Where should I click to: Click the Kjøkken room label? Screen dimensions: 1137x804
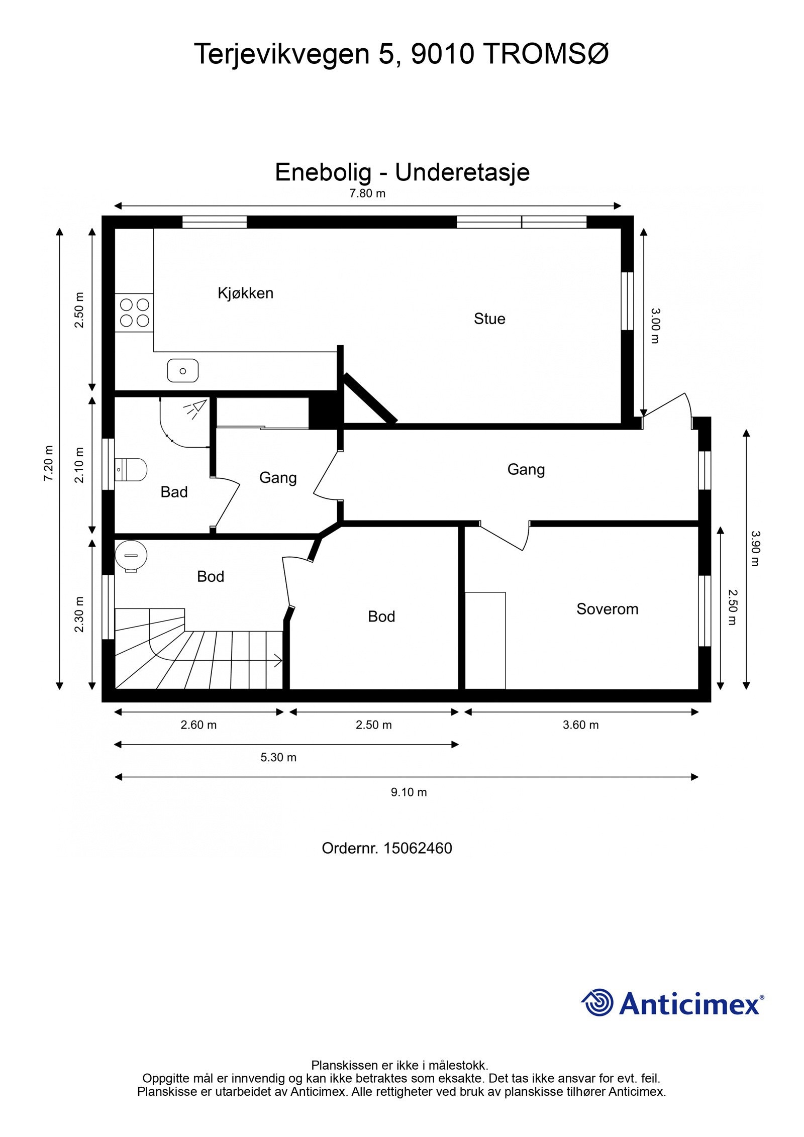coord(245,293)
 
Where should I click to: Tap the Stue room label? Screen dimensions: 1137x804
coord(489,319)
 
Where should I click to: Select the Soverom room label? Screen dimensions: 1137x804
coord(607,609)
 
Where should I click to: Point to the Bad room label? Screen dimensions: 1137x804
coord(174,492)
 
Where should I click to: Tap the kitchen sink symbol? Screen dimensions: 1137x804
coord(182,371)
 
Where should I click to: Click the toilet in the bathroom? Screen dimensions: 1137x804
coord(131,470)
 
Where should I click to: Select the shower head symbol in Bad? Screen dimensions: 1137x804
coord(196,408)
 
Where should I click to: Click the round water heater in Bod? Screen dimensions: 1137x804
coord(131,555)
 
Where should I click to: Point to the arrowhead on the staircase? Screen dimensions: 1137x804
coord(277,660)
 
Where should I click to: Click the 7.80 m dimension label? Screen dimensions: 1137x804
coord(367,193)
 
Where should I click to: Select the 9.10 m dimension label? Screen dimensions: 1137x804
coord(409,792)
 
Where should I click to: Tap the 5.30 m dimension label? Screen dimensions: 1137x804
coord(278,757)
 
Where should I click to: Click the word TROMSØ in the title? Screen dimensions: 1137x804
coord(547,53)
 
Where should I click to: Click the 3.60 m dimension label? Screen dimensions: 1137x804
coord(580,725)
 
